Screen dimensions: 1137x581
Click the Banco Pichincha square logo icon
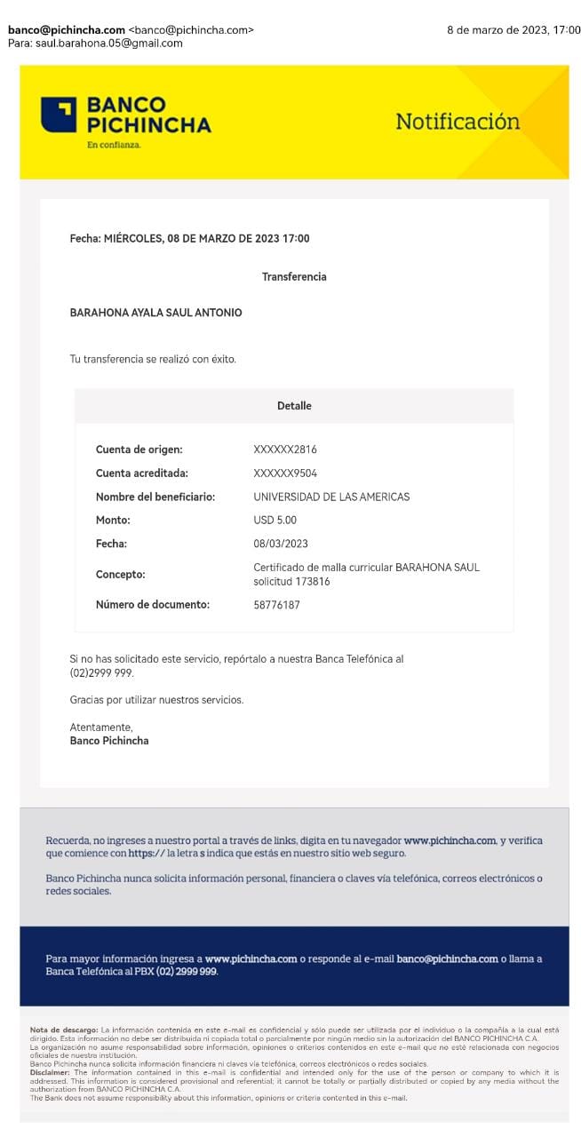point(59,115)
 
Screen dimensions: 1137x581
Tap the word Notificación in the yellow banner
point(458,122)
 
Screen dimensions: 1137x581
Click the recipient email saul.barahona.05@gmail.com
point(109,43)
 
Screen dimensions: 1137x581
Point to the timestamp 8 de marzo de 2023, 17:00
point(513,30)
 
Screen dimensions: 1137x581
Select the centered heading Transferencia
point(294,277)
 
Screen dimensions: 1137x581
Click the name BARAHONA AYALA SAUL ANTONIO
point(155,313)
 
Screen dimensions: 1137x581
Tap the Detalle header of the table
point(294,406)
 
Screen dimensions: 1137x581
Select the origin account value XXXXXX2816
point(285,449)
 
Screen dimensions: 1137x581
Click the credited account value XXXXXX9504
point(285,473)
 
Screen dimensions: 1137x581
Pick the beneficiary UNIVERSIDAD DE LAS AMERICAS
point(331,497)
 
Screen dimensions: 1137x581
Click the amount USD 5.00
point(275,521)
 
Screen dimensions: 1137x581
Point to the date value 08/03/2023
point(281,544)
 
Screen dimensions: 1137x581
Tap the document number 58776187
point(276,605)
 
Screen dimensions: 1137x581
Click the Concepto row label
point(120,575)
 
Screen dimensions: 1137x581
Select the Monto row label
point(113,521)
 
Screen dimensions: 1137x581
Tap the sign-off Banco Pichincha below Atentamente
point(109,741)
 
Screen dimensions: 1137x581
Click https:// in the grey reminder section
point(147,854)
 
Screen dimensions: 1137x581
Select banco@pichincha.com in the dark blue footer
point(447,959)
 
